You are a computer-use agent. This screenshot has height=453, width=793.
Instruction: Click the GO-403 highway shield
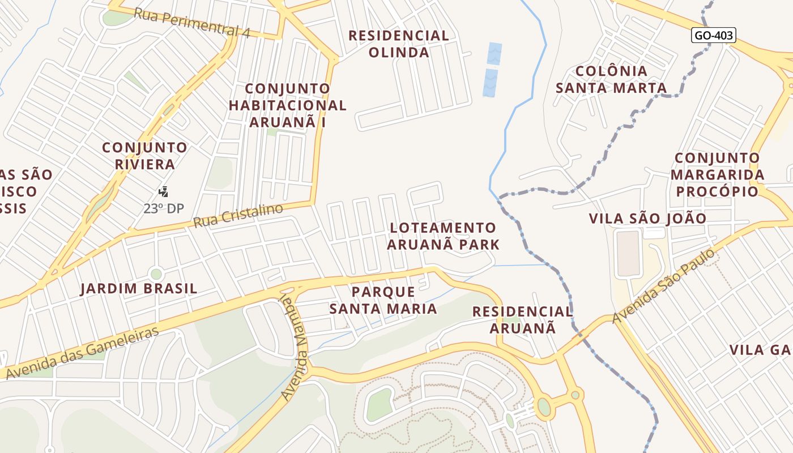714,35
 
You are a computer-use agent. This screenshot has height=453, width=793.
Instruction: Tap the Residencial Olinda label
399,44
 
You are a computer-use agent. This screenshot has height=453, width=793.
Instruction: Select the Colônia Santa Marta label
611,79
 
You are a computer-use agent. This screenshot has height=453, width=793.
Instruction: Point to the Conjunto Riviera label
144,156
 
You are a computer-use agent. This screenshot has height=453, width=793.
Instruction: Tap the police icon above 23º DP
164,191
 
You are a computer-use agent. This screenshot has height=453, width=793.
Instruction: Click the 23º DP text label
164,208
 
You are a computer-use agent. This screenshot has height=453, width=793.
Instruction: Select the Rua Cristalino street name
238,216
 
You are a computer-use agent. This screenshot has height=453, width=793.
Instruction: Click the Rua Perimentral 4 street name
191,22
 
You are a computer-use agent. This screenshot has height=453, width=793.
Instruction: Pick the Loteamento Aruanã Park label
444,236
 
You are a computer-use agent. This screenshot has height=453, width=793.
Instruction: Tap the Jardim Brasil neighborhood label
139,289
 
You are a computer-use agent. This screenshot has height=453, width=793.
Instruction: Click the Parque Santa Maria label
383,300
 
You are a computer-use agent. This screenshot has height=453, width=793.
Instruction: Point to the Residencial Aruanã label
522,319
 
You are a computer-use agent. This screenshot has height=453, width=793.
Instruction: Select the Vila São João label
647,219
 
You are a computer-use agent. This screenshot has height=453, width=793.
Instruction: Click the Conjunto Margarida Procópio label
717,174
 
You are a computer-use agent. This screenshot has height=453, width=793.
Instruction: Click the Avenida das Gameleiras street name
83,352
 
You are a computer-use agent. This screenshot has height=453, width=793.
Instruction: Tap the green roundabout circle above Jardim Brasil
156,274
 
